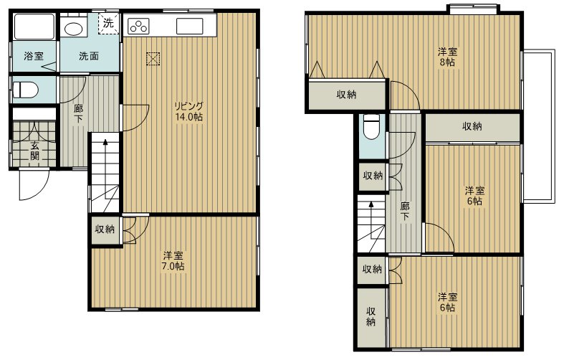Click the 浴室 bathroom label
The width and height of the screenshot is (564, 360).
(34, 56)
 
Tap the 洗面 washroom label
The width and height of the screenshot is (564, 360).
(89, 56)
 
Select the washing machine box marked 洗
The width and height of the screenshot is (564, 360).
(108, 24)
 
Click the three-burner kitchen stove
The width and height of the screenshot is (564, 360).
(138, 26)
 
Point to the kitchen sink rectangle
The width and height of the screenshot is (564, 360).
(190, 26)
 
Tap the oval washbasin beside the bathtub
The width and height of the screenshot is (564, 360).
(74, 29)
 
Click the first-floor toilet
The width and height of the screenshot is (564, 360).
(25, 90)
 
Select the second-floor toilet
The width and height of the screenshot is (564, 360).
(371, 127)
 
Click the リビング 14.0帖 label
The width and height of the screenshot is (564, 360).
(189, 111)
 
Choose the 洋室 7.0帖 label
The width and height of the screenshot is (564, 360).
(173, 260)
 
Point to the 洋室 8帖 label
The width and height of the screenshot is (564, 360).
(447, 57)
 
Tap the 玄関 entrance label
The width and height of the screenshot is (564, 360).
(34, 151)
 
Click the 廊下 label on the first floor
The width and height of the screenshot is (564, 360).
(78, 113)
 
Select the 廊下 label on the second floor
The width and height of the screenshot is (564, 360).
(405, 212)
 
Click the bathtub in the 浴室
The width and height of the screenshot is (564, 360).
(34, 26)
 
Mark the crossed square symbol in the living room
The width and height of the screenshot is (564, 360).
(153, 59)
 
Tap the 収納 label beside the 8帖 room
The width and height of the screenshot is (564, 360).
(346, 95)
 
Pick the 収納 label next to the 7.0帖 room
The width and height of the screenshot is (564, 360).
(105, 229)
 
